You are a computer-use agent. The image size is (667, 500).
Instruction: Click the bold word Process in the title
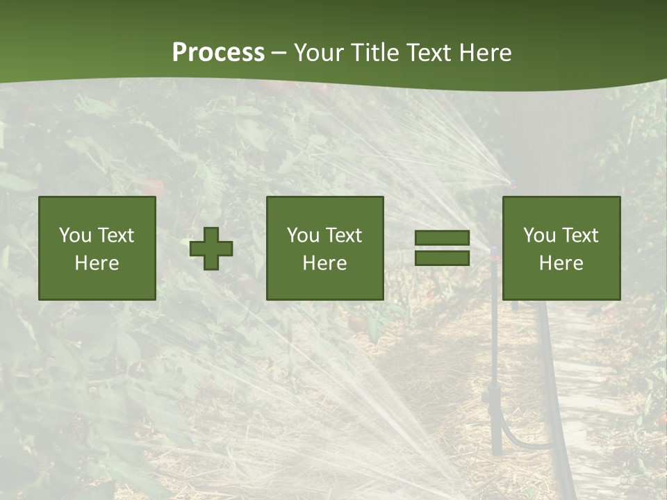tap(218, 53)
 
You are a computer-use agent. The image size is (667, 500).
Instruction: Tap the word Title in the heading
tap(376, 53)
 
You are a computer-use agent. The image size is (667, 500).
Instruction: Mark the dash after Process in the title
tap(279, 53)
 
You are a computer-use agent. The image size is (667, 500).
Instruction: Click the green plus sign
tap(211, 249)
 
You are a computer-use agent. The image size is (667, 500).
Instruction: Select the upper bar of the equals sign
tap(442, 238)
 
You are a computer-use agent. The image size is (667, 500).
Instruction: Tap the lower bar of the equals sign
tap(442, 258)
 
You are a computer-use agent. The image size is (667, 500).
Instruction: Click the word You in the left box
tap(75, 235)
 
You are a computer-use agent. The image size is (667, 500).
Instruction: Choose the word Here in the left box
tap(97, 263)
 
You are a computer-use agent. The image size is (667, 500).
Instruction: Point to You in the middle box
tap(304, 235)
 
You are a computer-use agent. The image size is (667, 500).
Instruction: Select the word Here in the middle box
tap(324, 263)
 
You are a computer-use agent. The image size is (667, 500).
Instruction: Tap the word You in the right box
tap(540, 235)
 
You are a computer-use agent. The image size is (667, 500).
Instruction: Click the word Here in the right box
tap(561, 263)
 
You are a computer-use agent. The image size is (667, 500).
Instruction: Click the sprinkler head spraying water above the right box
tap(512, 183)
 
